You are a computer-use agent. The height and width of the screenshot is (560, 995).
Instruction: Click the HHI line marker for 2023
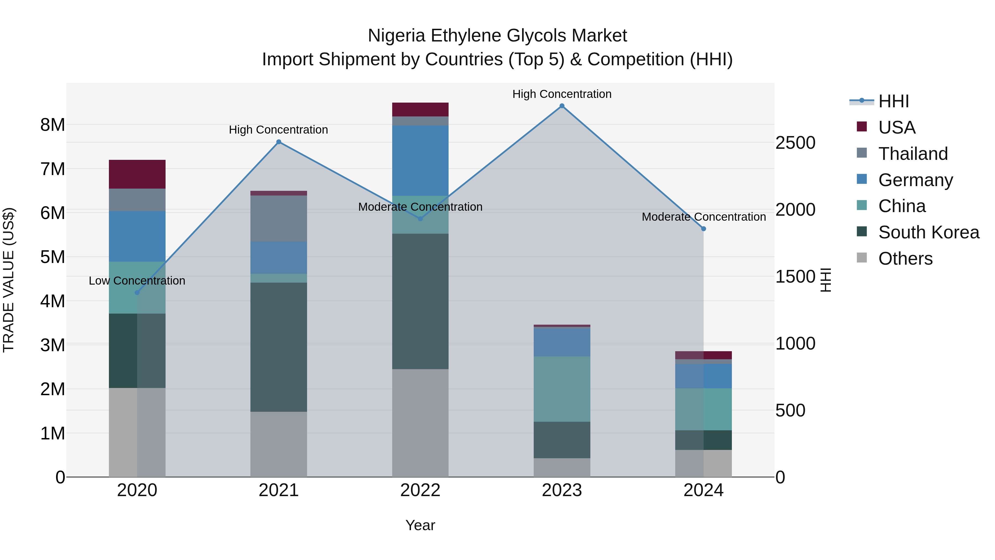pyautogui.click(x=562, y=106)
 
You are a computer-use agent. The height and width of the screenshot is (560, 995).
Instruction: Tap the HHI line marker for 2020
pyautogui.click(x=137, y=293)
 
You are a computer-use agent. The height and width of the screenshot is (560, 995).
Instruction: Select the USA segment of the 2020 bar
pyautogui.click(x=137, y=174)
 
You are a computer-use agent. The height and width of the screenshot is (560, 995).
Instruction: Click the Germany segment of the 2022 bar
pyautogui.click(x=420, y=160)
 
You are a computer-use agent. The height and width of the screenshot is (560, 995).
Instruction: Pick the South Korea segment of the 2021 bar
pyautogui.click(x=279, y=347)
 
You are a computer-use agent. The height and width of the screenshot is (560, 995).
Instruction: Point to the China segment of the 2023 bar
pyautogui.click(x=562, y=389)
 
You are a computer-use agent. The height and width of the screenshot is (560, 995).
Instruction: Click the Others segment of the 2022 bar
pyautogui.click(x=420, y=423)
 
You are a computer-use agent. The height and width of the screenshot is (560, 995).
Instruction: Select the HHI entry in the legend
pyautogui.click(x=893, y=101)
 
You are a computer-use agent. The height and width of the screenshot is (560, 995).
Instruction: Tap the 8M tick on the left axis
pyautogui.click(x=53, y=125)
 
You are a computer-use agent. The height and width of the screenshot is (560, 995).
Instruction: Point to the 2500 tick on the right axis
pyautogui.click(x=795, y=143)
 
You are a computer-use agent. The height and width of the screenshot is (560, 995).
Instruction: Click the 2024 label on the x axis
pyautogui.click(x=703, y=490)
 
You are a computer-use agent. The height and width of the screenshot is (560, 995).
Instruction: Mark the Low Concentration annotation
pyautogui.click(x=137, y=281)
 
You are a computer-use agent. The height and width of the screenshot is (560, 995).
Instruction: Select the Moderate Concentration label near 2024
pyautogui.click(x=703, y=217)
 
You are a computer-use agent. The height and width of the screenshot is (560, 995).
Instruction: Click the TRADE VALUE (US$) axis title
pyautogui.click(x=9, y=280)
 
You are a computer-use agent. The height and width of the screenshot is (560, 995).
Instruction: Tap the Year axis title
pyautogui.click(x=420, y=525)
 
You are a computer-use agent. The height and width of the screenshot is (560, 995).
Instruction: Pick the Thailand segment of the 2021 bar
pyautogui.click(x=279, y=218)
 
